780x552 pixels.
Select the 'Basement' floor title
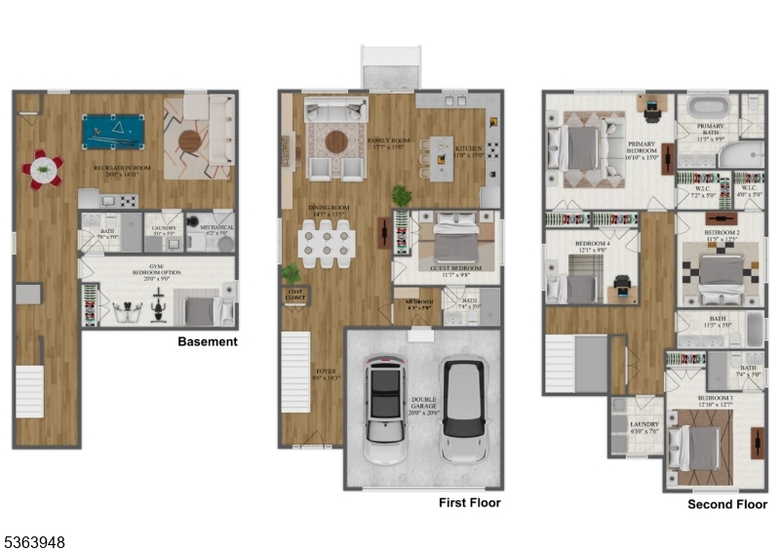(x=207, y=342)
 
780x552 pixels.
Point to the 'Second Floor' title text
(x=726, y=504)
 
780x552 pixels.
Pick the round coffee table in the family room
(x=335, y=141)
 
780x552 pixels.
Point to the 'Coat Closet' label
(x=295, y=293)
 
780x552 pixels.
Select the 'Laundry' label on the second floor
(x=643, y=426)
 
